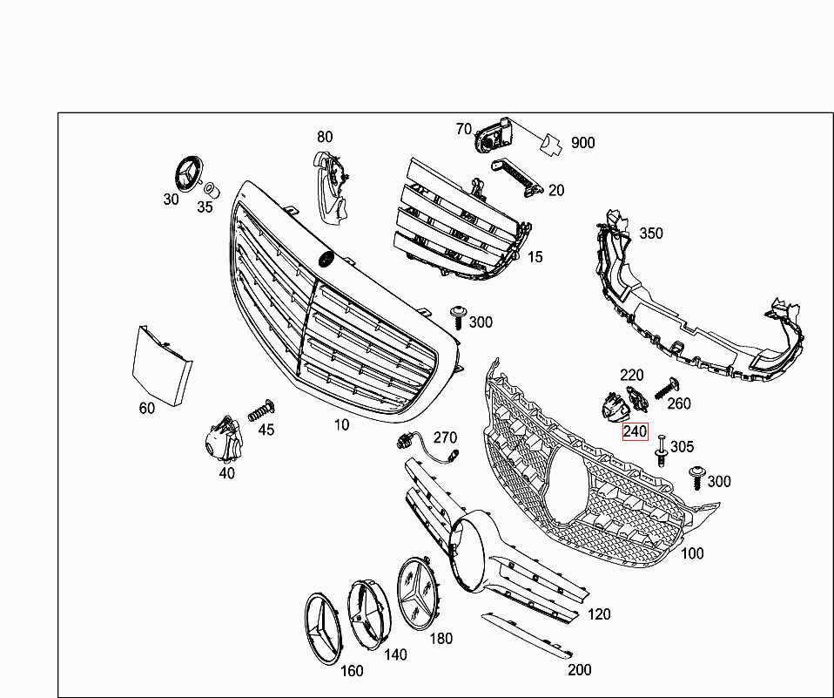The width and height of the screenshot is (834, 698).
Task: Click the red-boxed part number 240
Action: [x=635, y=431]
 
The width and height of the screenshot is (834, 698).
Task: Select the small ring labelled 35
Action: [x=210, y=189]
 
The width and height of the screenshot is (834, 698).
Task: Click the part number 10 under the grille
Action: [x=342, y=424]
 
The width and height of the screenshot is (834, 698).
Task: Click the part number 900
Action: [x=582, y=143]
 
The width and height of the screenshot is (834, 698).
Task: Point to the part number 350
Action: [x=650, y=233]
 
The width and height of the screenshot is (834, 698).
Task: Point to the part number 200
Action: [x=579, y=669]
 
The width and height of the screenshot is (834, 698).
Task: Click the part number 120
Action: [x=599, y=613]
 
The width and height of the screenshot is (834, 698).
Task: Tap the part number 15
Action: [x=535, y=257]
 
